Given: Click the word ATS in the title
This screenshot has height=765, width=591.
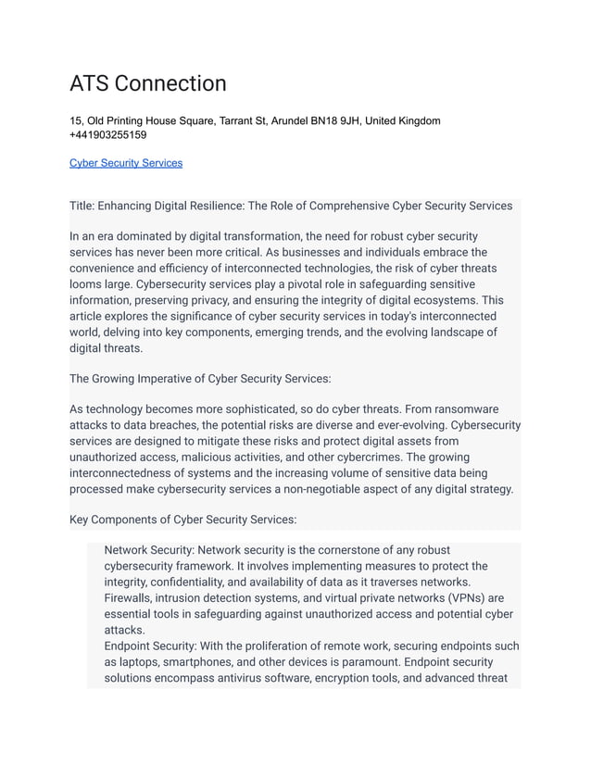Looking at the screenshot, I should point(91,83).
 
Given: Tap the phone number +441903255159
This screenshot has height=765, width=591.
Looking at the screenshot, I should point(107,135).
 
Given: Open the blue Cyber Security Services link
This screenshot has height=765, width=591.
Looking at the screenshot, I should point(126,163).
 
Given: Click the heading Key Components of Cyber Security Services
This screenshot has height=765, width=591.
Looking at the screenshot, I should point(183,520).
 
